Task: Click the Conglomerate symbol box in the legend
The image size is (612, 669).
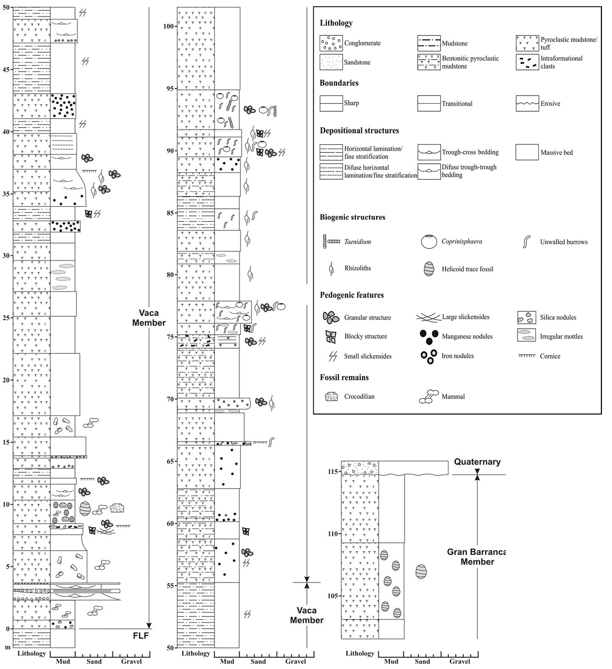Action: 331,43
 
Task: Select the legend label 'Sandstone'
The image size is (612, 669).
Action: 357,62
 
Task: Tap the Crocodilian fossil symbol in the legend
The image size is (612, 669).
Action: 332,396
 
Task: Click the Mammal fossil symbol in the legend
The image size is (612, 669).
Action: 428,396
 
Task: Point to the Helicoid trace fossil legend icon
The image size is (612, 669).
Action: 429,269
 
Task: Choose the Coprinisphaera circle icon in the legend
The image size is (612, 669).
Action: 429,241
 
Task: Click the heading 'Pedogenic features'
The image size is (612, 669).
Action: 352,295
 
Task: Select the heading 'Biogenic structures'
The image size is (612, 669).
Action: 352,217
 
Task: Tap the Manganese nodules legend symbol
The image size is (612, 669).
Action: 429,337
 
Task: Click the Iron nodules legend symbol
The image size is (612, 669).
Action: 429,356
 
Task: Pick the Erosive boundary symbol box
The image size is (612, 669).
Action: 527,104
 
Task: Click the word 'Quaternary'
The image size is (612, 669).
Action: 477,462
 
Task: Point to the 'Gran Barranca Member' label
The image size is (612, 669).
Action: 477,557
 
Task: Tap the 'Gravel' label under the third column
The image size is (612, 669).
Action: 459,661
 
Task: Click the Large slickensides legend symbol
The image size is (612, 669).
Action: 429,317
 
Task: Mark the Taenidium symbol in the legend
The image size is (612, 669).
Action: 331,241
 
